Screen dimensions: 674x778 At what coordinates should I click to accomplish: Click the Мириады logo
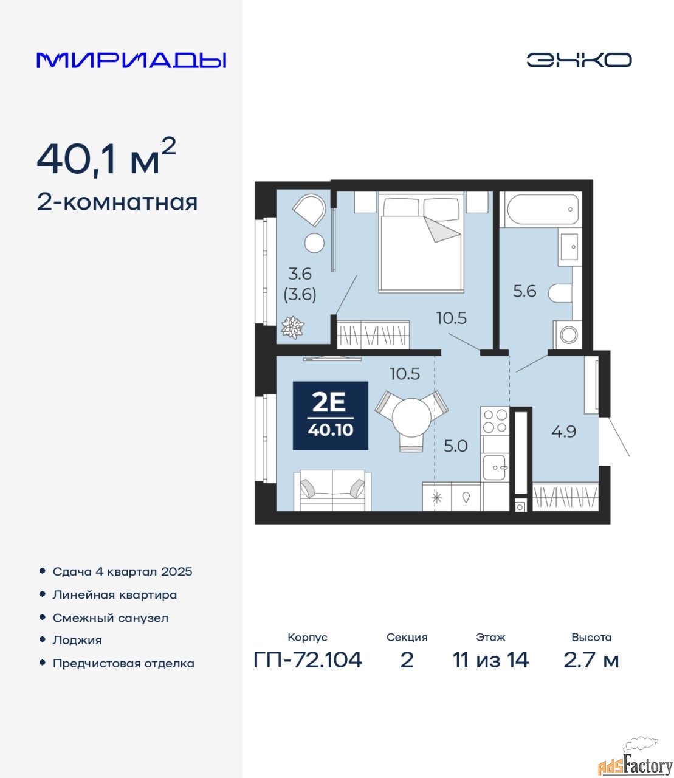[131, 60]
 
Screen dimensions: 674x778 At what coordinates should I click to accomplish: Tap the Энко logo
[579, 60]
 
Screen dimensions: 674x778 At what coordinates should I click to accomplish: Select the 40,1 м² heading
[106, 157]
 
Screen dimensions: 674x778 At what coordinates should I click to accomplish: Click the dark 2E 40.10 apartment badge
[331, 416]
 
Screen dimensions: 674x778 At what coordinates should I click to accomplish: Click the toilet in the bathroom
[560, 293]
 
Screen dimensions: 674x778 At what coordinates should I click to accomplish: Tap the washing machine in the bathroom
[568, 335]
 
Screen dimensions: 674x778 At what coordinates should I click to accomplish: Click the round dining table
[411, 417]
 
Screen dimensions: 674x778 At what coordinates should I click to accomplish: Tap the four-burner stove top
[495, 421]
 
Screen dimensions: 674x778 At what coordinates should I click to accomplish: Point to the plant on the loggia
[292, 327]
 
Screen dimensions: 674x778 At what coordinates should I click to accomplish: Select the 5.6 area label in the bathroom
[524, 291]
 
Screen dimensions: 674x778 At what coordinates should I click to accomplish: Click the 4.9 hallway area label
[564, 432]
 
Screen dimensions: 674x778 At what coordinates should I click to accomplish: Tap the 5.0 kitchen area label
[455, 446]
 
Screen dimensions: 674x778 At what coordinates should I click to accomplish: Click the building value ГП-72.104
[308, 660]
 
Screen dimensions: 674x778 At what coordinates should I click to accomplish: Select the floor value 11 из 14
[490, 660]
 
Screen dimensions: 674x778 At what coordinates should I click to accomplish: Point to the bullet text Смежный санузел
[110, 618]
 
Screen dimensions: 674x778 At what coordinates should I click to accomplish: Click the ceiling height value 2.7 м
[591, 660]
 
